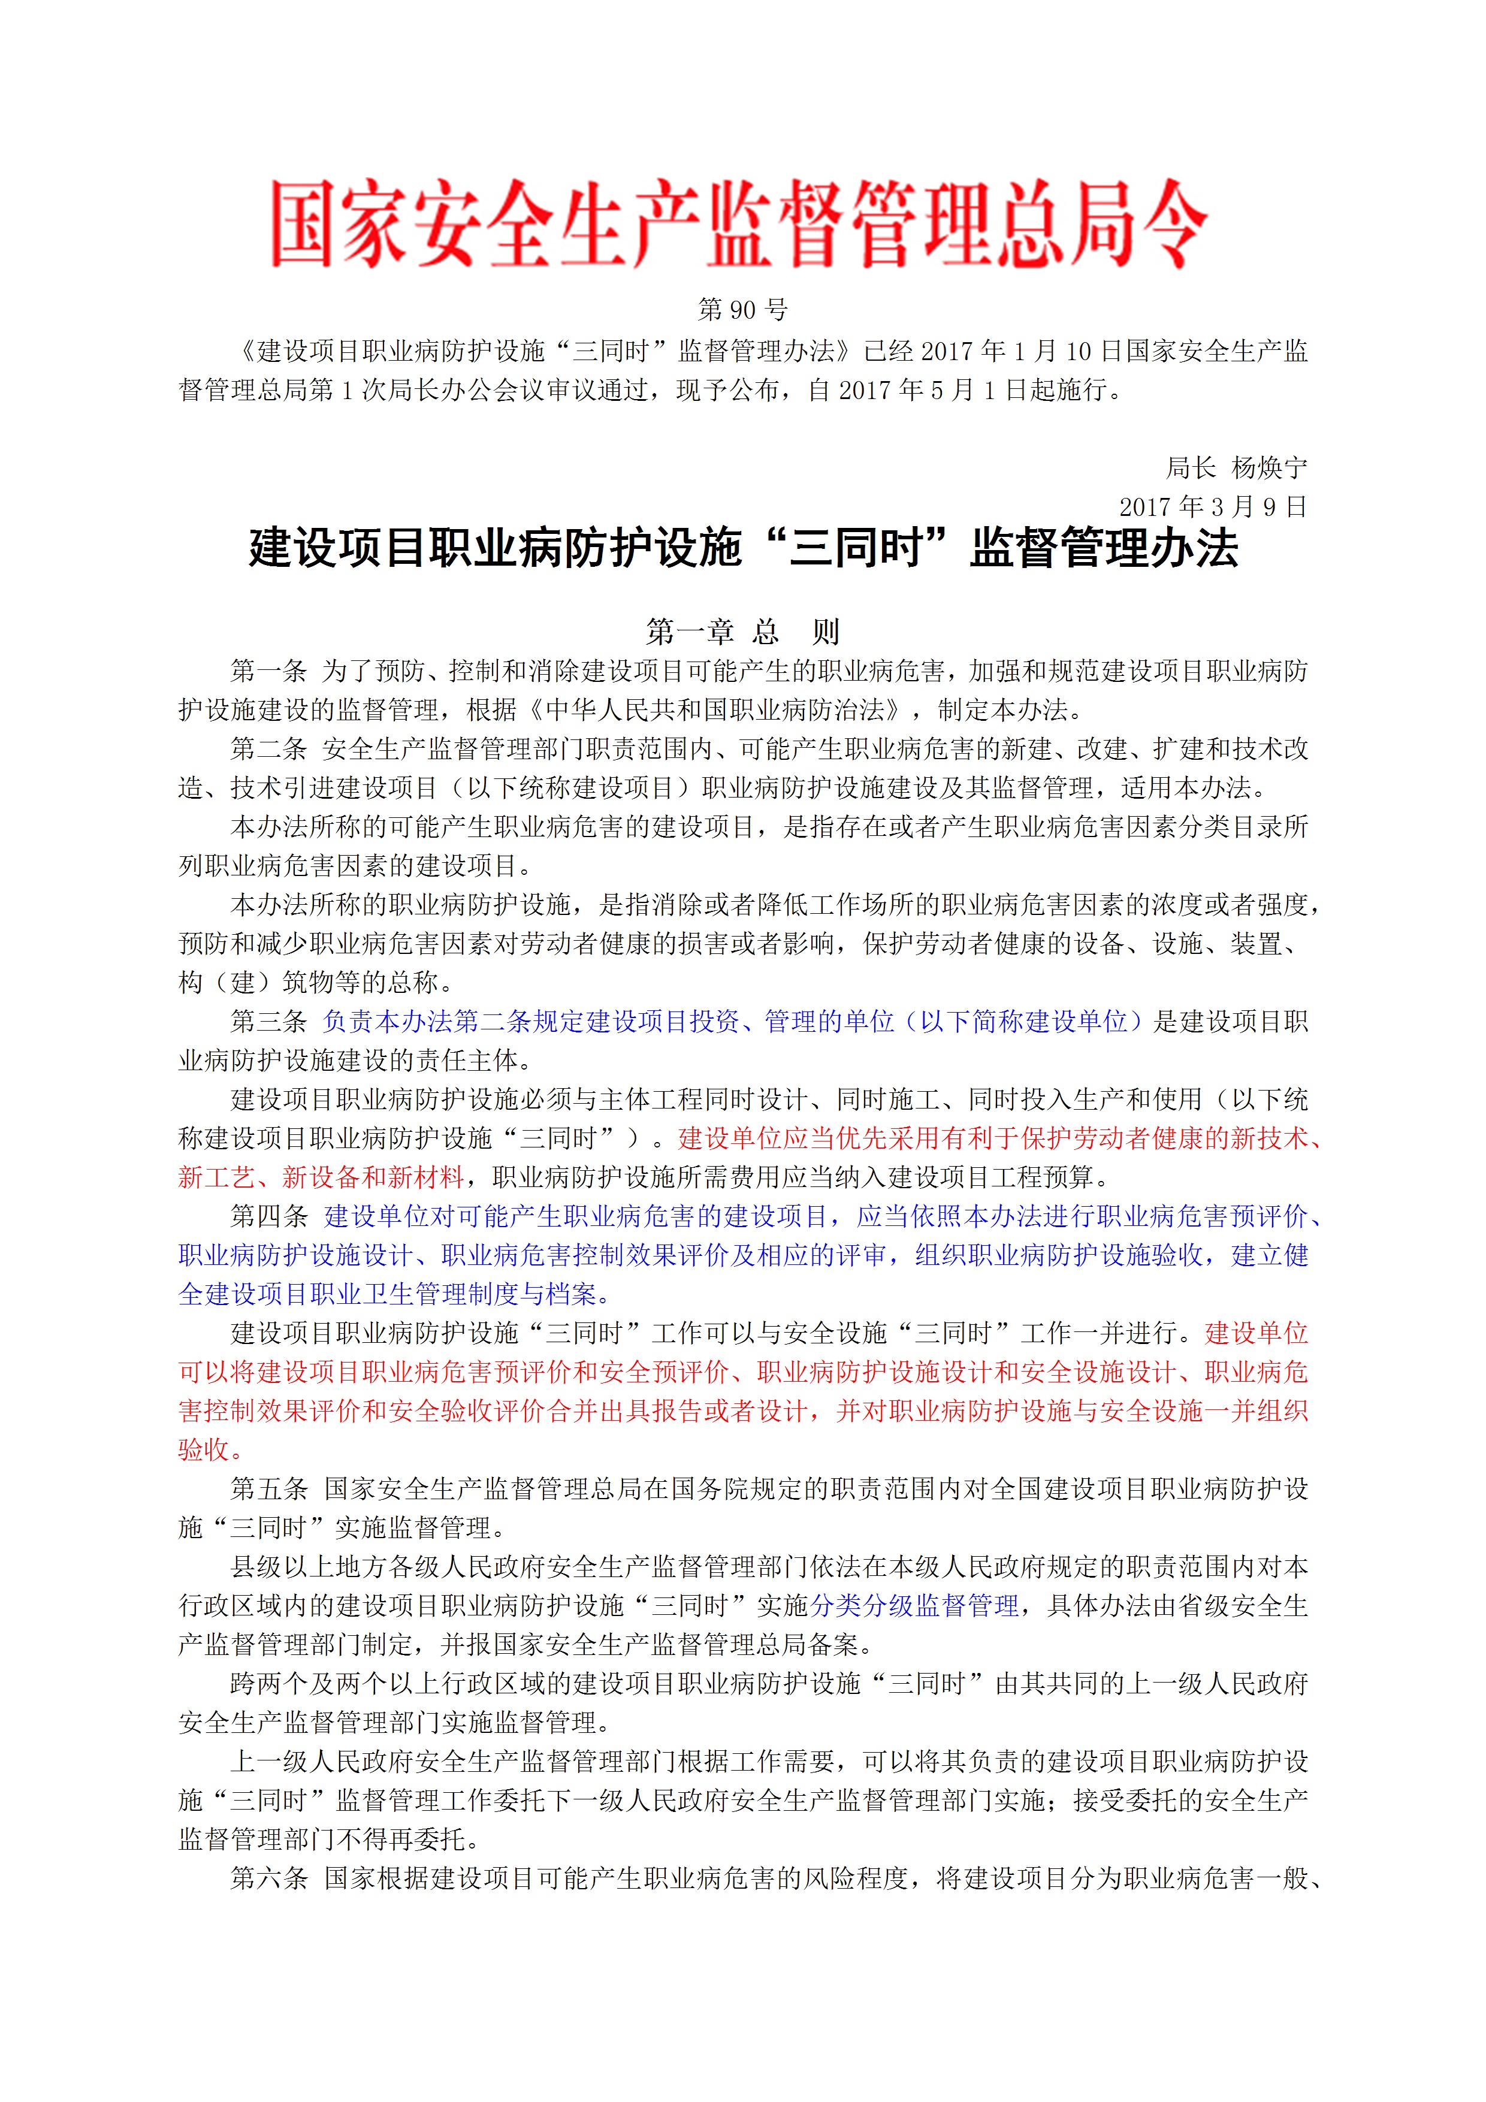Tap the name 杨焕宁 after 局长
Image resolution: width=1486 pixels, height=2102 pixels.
click(x=1269, y=469)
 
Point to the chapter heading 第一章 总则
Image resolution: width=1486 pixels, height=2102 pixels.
click(x=742, y=632)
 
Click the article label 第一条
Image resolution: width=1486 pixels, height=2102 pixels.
click(x=268, y=672)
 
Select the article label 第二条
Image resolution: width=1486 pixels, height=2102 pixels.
click(x=268, y=750)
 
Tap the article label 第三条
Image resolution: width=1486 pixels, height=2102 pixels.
click(x=268, y=1022)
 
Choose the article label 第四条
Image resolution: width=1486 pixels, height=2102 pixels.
click(x=268, y=1217)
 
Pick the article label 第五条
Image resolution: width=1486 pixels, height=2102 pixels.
click(x=268, y=1488)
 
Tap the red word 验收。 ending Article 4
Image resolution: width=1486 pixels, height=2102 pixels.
click(x=210, y=1450)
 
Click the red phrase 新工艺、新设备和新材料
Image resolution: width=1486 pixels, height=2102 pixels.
click(x=321, y=1177)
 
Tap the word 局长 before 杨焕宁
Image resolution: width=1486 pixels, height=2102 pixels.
click(x=1190, y=469)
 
